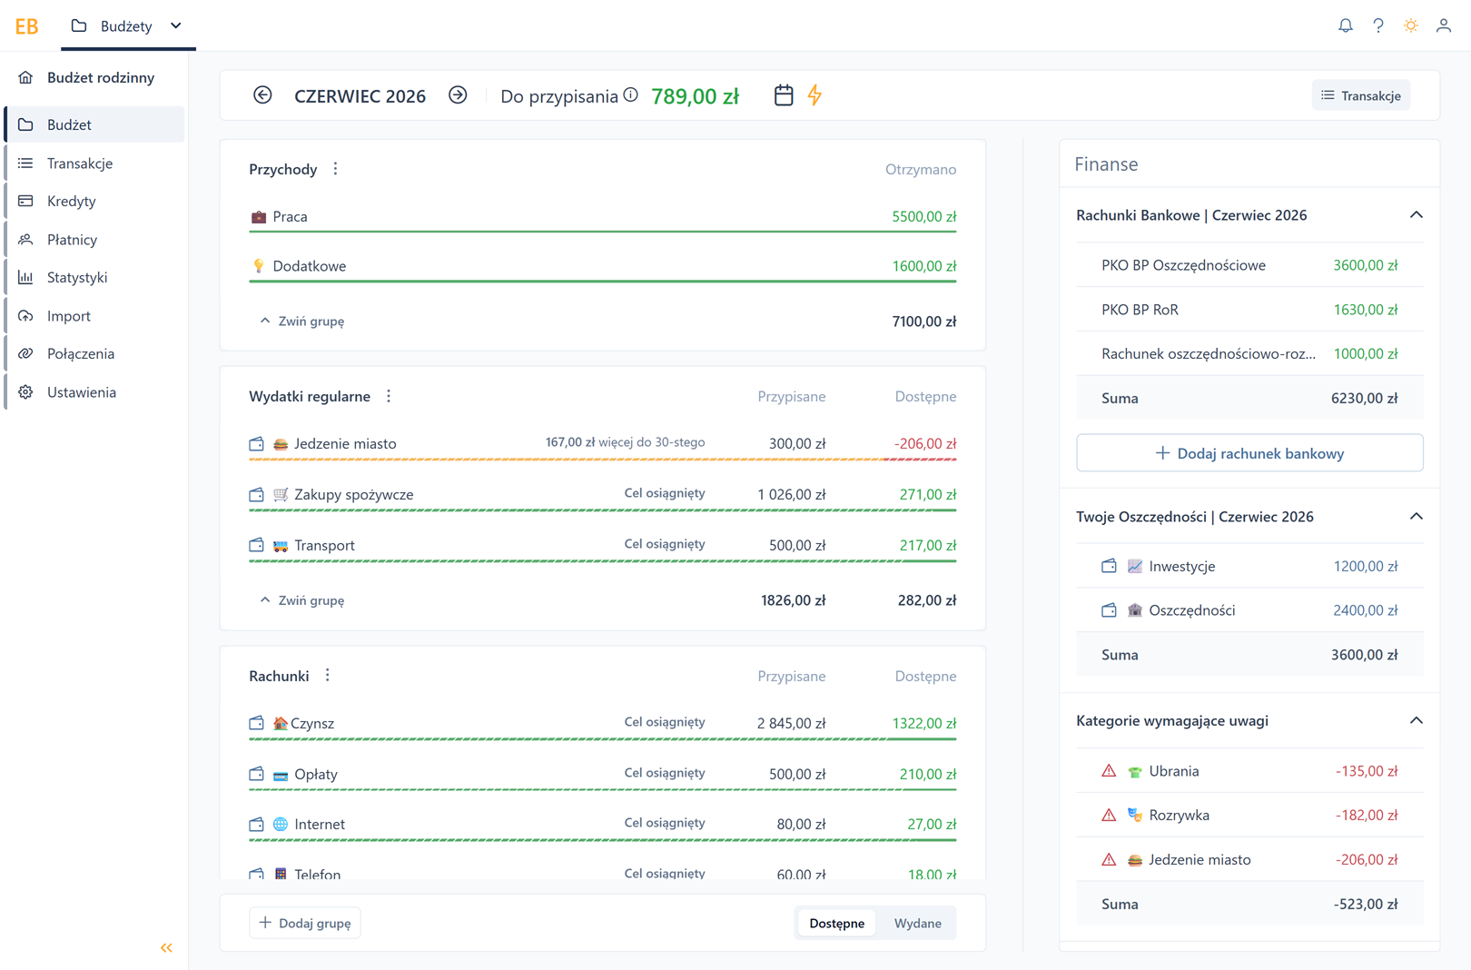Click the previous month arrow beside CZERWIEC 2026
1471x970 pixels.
[x=262, y=95]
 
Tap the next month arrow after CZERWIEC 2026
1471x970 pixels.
[x=458, y=95]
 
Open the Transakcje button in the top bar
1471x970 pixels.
[x=1360, y=96]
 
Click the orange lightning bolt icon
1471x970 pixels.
[x=815, y=95]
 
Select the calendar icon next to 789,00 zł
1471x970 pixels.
[x=784, y=95]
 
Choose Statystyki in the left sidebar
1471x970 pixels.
[x=77, y=277]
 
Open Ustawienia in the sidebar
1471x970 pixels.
[x=82, y=392]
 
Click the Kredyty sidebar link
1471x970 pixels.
[x=71, y=201]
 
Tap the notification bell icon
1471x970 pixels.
[x=1346, y=25]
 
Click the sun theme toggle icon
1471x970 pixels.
[x=1410, y=25]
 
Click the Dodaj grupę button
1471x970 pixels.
[x=305, y=923]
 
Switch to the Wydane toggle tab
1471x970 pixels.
[x=917, y=923]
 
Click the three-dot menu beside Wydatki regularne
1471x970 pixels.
[x=389, y=396]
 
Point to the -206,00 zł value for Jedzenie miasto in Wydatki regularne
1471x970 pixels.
[x=925, y=443]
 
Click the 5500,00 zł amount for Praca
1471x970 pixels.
[x=924, y=216]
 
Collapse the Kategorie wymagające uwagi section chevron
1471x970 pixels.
[x=1416, y=720]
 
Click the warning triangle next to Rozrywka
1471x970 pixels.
[x=1109, y=815]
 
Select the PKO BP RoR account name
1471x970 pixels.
[x=1140, y=310]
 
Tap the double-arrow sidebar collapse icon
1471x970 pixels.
[x=166, y=947]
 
